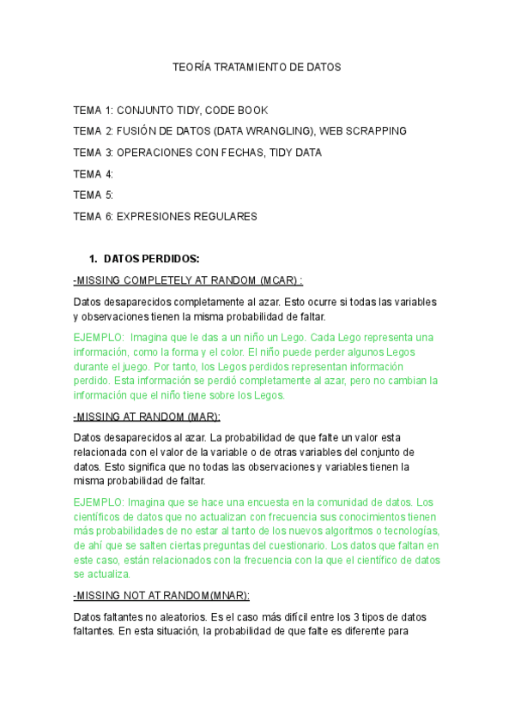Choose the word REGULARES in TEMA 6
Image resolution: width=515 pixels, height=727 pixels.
pos(227,217)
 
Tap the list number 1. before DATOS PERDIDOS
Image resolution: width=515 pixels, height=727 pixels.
pos(94,258)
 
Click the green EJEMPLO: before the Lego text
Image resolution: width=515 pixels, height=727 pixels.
pos(100,337)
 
